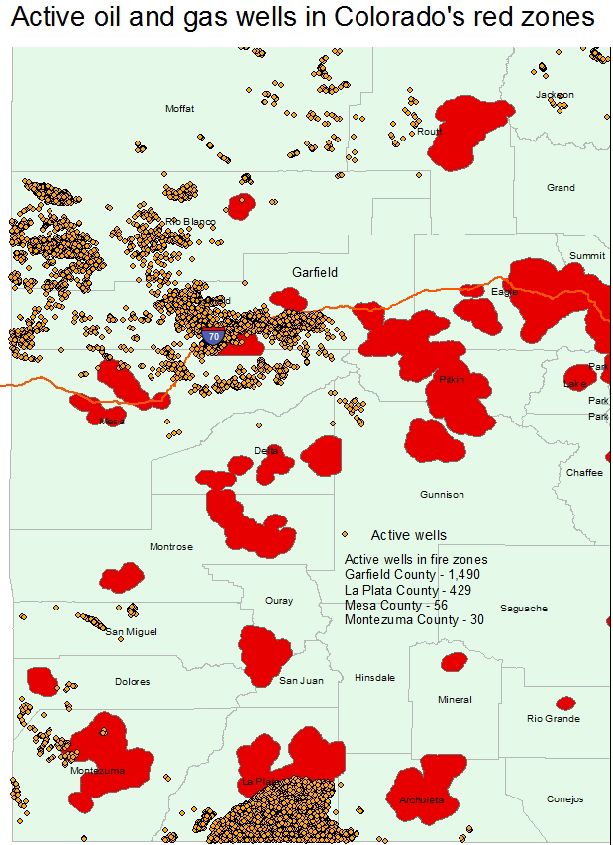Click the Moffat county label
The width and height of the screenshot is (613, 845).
[180, 108]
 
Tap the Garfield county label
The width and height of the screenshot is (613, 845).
[315, 272]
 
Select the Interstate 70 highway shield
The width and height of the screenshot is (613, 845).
[212, 336]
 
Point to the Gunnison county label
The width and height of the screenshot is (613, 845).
[442, 494]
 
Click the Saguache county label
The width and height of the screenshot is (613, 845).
[524, 608]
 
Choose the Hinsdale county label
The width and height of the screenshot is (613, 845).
[374, 678]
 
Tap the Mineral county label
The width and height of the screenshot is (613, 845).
[455, 700]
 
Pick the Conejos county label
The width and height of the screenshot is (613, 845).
[565, 799]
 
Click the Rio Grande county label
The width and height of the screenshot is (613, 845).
[554, 719]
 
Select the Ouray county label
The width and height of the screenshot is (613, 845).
[279, 601]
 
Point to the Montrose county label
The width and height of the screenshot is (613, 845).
[170, 546]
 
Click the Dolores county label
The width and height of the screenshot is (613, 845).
[132, 681]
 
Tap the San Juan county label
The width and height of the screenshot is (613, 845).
[301, 681]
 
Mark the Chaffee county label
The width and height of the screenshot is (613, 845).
[584, 473]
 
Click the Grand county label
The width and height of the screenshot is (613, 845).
[561, 187]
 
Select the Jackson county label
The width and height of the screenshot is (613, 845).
[555, 95]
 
